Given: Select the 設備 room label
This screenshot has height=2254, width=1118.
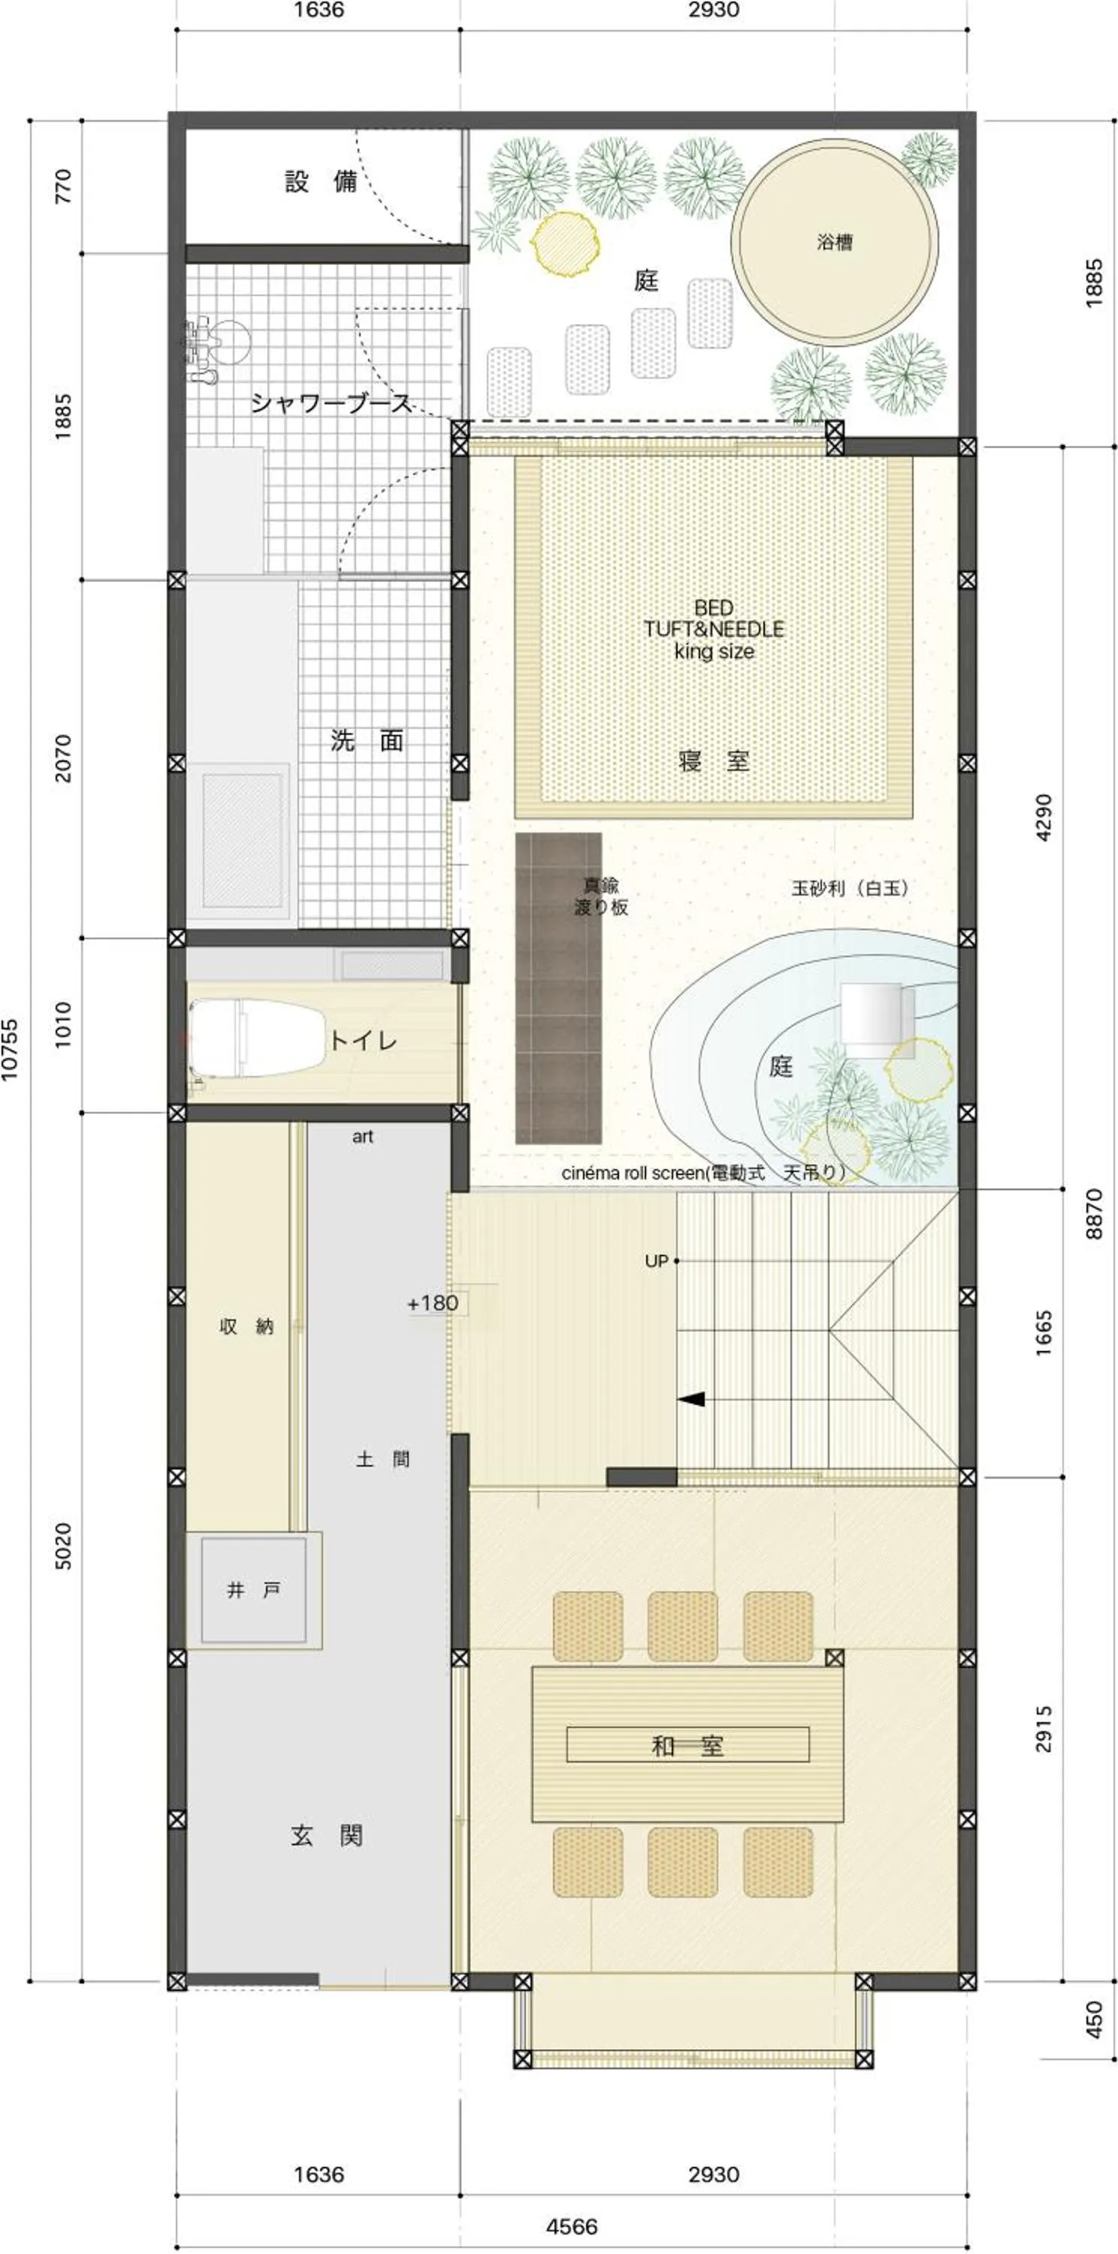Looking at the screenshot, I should pos(320,181).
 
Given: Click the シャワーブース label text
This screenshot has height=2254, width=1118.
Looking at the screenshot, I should pos(331,403).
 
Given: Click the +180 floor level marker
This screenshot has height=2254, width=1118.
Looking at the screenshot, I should pos(432,1303).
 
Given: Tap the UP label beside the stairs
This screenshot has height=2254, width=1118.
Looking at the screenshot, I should pos(656,1261).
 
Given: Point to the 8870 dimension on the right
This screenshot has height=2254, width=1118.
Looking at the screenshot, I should pos(1093,1213).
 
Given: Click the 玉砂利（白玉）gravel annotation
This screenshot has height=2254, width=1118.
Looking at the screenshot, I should pos(851,888).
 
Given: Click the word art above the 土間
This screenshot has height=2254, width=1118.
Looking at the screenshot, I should pos(362,1137).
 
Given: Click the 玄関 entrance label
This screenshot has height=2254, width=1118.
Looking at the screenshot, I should pos(326,1835).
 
